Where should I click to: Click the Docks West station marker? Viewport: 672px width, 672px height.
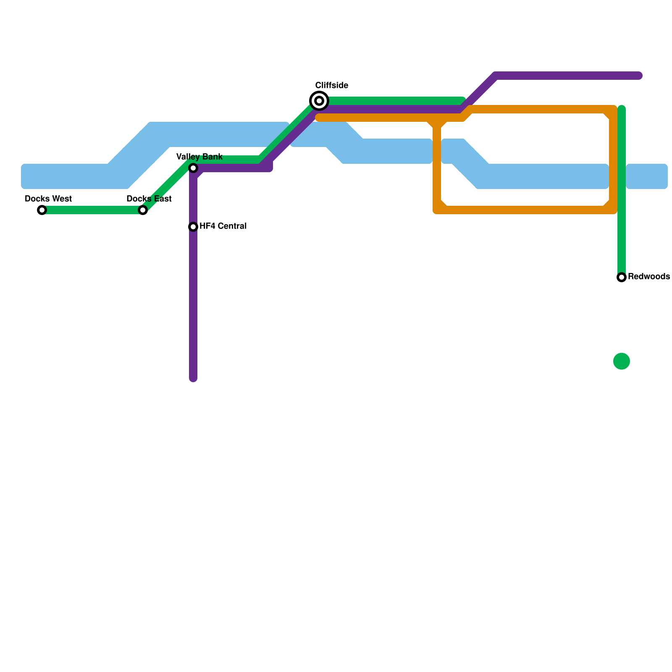pyautogui.click(x=42, y=210)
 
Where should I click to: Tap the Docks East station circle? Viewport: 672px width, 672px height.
pyautogui.click(x=143, y=210)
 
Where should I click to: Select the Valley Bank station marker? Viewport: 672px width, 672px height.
pyautogui.click(x=193, y=168)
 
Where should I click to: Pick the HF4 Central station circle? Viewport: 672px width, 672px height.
pyautogui.click(x=193, y=227)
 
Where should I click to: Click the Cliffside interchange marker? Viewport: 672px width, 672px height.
pyautogui.click(x=319, y=101)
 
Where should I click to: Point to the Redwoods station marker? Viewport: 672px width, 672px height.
pyautogui.click(x=622, y=277)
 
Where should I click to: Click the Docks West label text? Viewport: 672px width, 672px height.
pyautogui.click(x=48, y=199)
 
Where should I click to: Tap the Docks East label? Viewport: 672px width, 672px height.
pyautogui.click(x=149, y=199)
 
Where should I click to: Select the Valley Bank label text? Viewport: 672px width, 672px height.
pyautogui.click(x=199, y=157)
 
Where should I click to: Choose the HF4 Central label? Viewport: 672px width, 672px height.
pyautogui.click(x=223, y=226)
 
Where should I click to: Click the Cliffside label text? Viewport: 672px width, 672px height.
pyautogui.click(x=331, y=85)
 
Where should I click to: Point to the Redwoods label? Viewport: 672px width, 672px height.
pyautogui.click(x=648, y=277)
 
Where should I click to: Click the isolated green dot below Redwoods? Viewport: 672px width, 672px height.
pyautogui.click(x=622, y=361)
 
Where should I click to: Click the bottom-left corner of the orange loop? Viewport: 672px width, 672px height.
pyautogui.click(x=437, y=210)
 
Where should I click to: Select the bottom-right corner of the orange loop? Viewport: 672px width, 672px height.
pyautogui.click(x=613, y=210)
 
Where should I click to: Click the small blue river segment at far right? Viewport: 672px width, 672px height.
pyautogui.click(x=647, y=176)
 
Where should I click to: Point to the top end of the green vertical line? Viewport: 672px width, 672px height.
pyautogui.click(x=622, y=109)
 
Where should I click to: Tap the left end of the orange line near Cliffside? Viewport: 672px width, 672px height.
pyautogui.click(x=319, y=118)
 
